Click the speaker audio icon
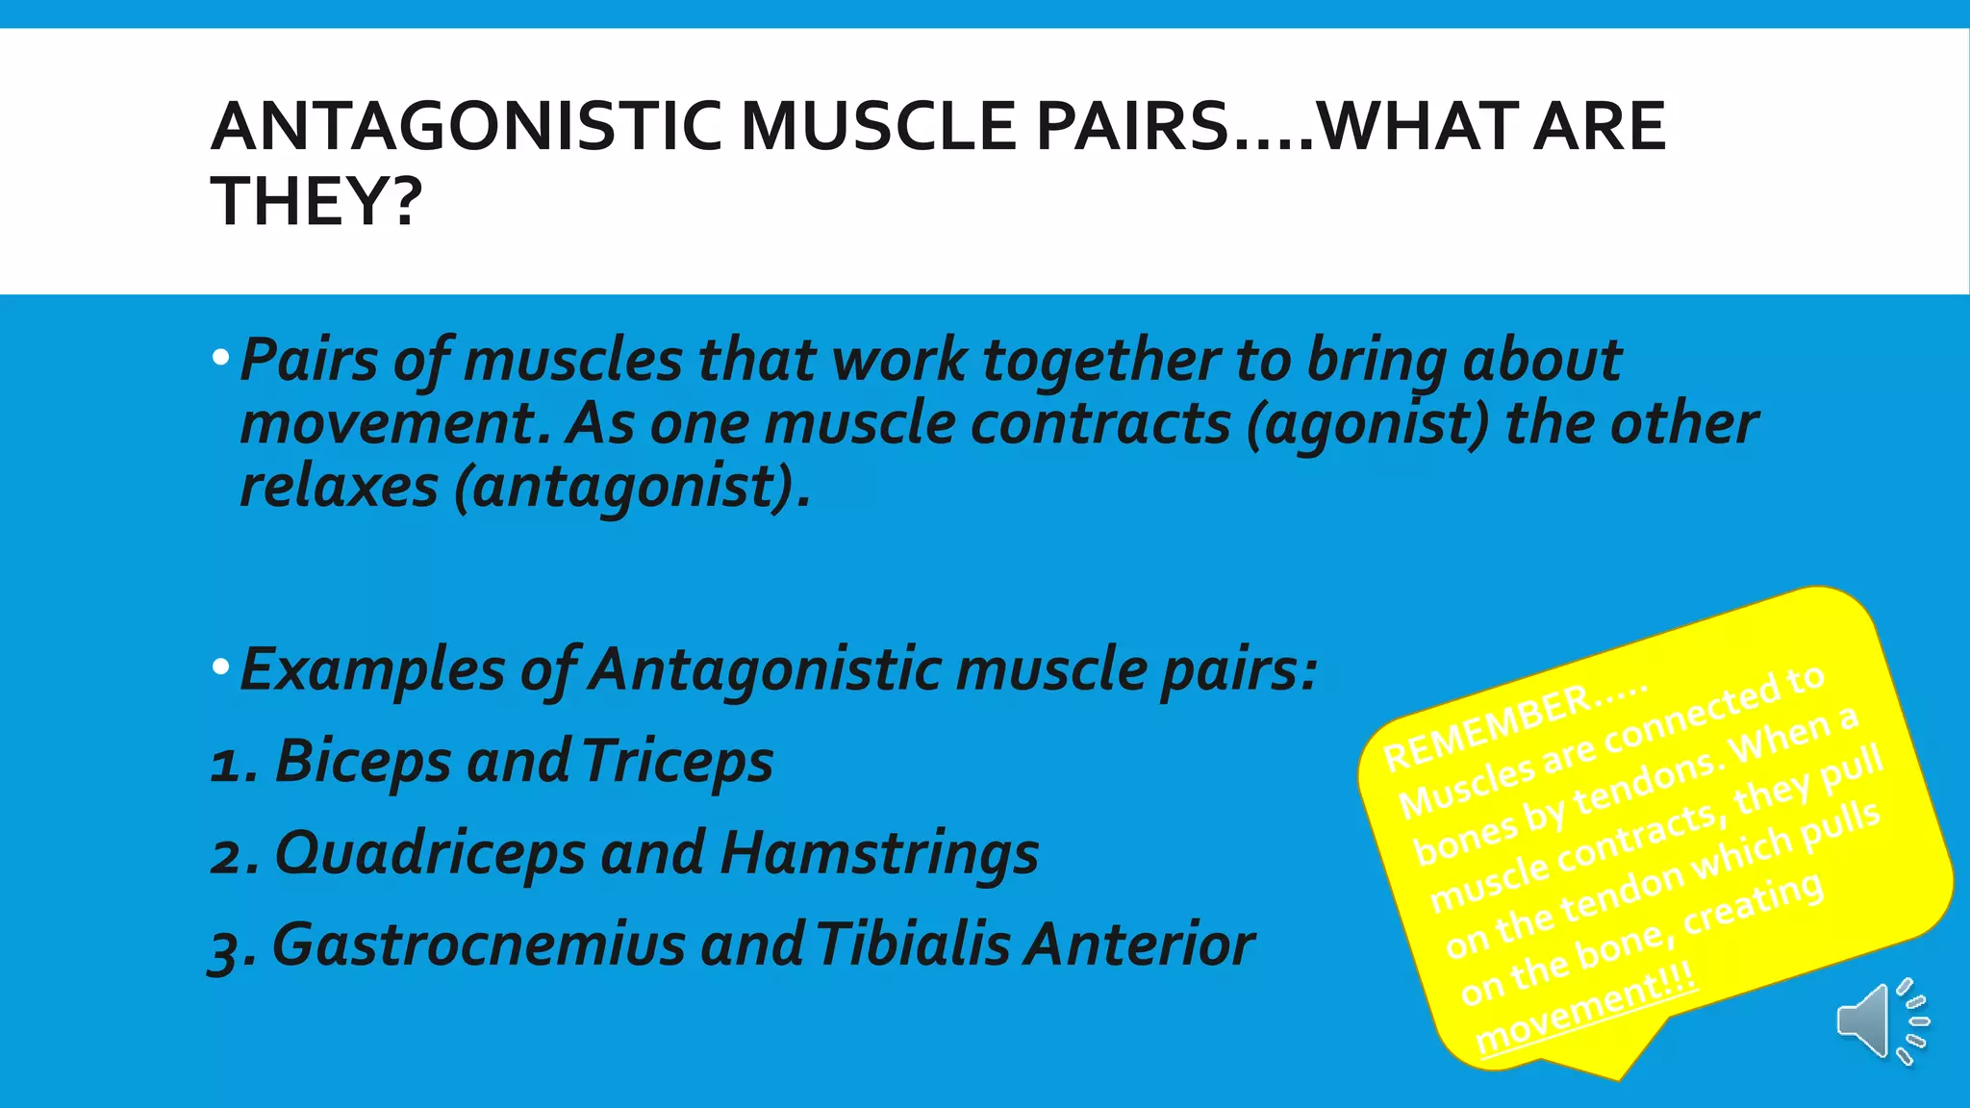pyautogui.click(x=1882, y=1021)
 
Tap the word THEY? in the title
pyautogui.click(x=316, y=202)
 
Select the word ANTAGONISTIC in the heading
pyautogui.click(x=467, y=127)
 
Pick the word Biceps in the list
pyautogui.click(x=363, y=763)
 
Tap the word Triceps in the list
pyautogui.click(x=677, y=763)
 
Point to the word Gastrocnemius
pyautogui.click(x=479, y=944)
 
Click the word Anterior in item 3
pyautogui.click(x=1139, y=944)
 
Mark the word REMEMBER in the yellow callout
pyautogui.click(x=1486, y=727)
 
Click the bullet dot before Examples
pyautogui.click(x=221, y=667)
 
